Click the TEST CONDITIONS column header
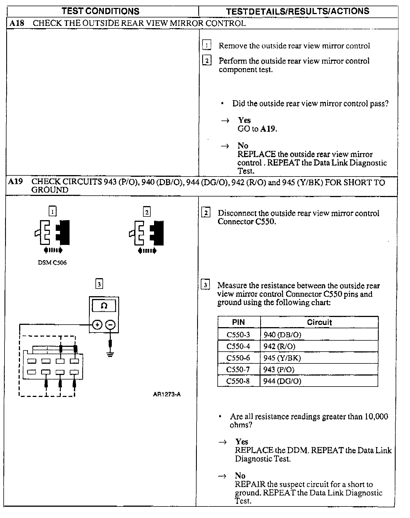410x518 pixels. [x=101, y=11]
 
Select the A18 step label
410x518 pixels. [x=17, y=23]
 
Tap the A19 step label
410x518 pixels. [x=15, y=182]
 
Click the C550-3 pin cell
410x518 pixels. [x=238, y=335]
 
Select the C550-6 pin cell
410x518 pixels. [x=238, y=358]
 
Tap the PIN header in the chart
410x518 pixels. [x=239, y=322]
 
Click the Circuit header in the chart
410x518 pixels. [x=319, y=322]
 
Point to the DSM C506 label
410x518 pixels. [x=52, y=263]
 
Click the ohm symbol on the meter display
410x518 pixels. [x=104, y=306]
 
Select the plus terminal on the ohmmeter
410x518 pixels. [x=97, y=325]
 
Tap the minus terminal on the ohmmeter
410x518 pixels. [x=110, y=325]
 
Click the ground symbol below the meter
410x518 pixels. [x=110, y=354]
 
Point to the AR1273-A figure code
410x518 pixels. [x=167, y=394]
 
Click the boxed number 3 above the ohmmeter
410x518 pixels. [x=99, y=284]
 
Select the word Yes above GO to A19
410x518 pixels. [x=244, y=120]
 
